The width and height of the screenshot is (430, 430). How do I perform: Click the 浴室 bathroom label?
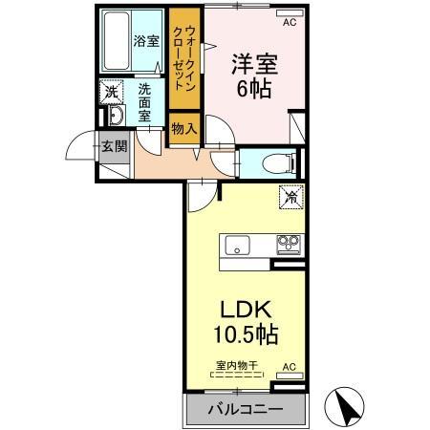pyautogui.click(x=145, y=41)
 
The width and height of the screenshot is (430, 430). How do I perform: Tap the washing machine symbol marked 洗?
pyautogui.click(x=112, y=92)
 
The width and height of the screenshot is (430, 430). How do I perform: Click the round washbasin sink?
pyautogui.click(x=114, y=116)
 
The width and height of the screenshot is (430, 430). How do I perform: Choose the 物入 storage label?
pyautogui.click(x=183, y=127)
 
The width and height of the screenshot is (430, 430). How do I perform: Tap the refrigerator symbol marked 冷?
pyautogui.click(x=287, y=199)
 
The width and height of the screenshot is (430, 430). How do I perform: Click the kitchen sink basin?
pyautogui.click(x=238, y=245)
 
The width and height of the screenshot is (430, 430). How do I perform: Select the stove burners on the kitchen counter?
pyautogui.click(x=288, y=245)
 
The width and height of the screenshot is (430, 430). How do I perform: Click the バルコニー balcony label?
pyautogui.click(x=244, y=408)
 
